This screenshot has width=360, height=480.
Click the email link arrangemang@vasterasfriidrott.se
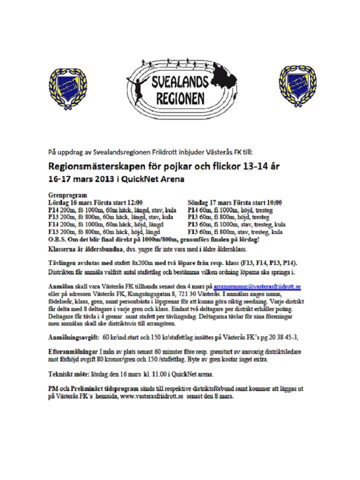257,286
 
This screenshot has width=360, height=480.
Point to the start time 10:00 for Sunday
271,202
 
